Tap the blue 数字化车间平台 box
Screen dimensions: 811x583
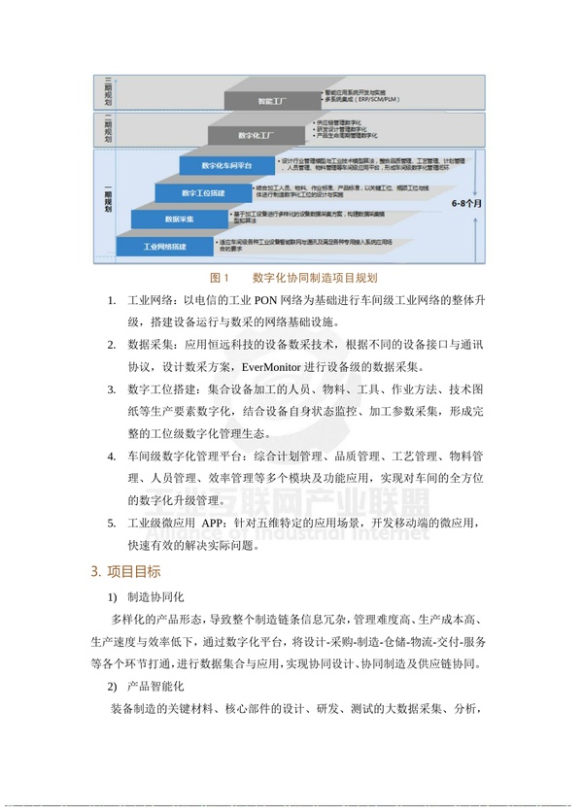tap(226, 166)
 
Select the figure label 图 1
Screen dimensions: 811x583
tap(219, 278)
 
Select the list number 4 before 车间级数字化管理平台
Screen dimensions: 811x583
tap(113, 456)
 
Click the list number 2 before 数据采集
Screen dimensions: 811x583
tap(113, 345)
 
